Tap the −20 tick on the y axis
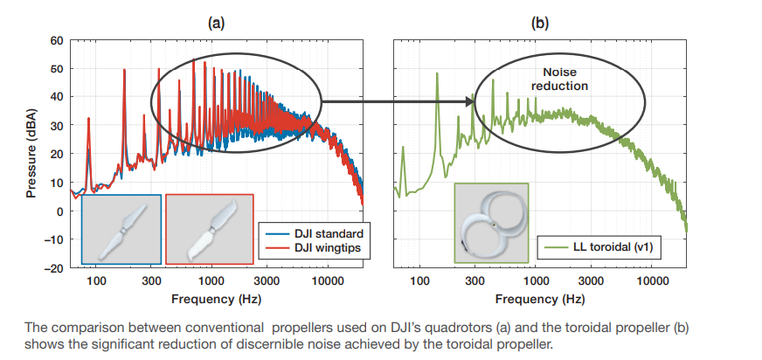(54, 267)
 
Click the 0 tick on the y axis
(60, 211)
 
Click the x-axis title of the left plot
(216, 299)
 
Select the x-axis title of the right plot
(540, 299)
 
